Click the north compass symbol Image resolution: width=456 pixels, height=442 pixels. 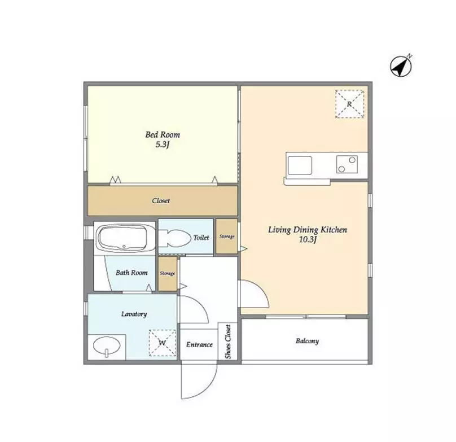(401, 66)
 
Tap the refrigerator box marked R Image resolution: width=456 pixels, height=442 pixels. (349, 104)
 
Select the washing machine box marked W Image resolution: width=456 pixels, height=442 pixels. (163, 343)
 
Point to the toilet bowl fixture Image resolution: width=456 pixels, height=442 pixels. (174, 238)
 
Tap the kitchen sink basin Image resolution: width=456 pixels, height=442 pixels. (300, 165)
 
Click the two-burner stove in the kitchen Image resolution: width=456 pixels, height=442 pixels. (347, 164)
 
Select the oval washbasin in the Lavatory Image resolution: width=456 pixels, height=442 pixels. (107, 346)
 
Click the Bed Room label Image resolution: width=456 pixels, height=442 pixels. (163, 135)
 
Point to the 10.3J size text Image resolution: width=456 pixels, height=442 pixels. (308, 240)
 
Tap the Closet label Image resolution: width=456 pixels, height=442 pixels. (161, 201)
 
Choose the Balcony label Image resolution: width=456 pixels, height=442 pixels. (308, 341)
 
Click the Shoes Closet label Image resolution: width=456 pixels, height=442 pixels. (227, 342)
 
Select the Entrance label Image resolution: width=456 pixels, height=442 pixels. (200, 344)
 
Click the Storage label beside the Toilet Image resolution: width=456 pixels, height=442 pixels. (227, 237)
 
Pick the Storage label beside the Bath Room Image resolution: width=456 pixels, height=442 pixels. (168, 274)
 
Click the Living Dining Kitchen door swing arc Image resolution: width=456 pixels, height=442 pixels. (261, 290)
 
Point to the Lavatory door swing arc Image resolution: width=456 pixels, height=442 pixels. (201, 305)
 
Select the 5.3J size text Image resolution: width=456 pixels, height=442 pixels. (163, 145)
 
